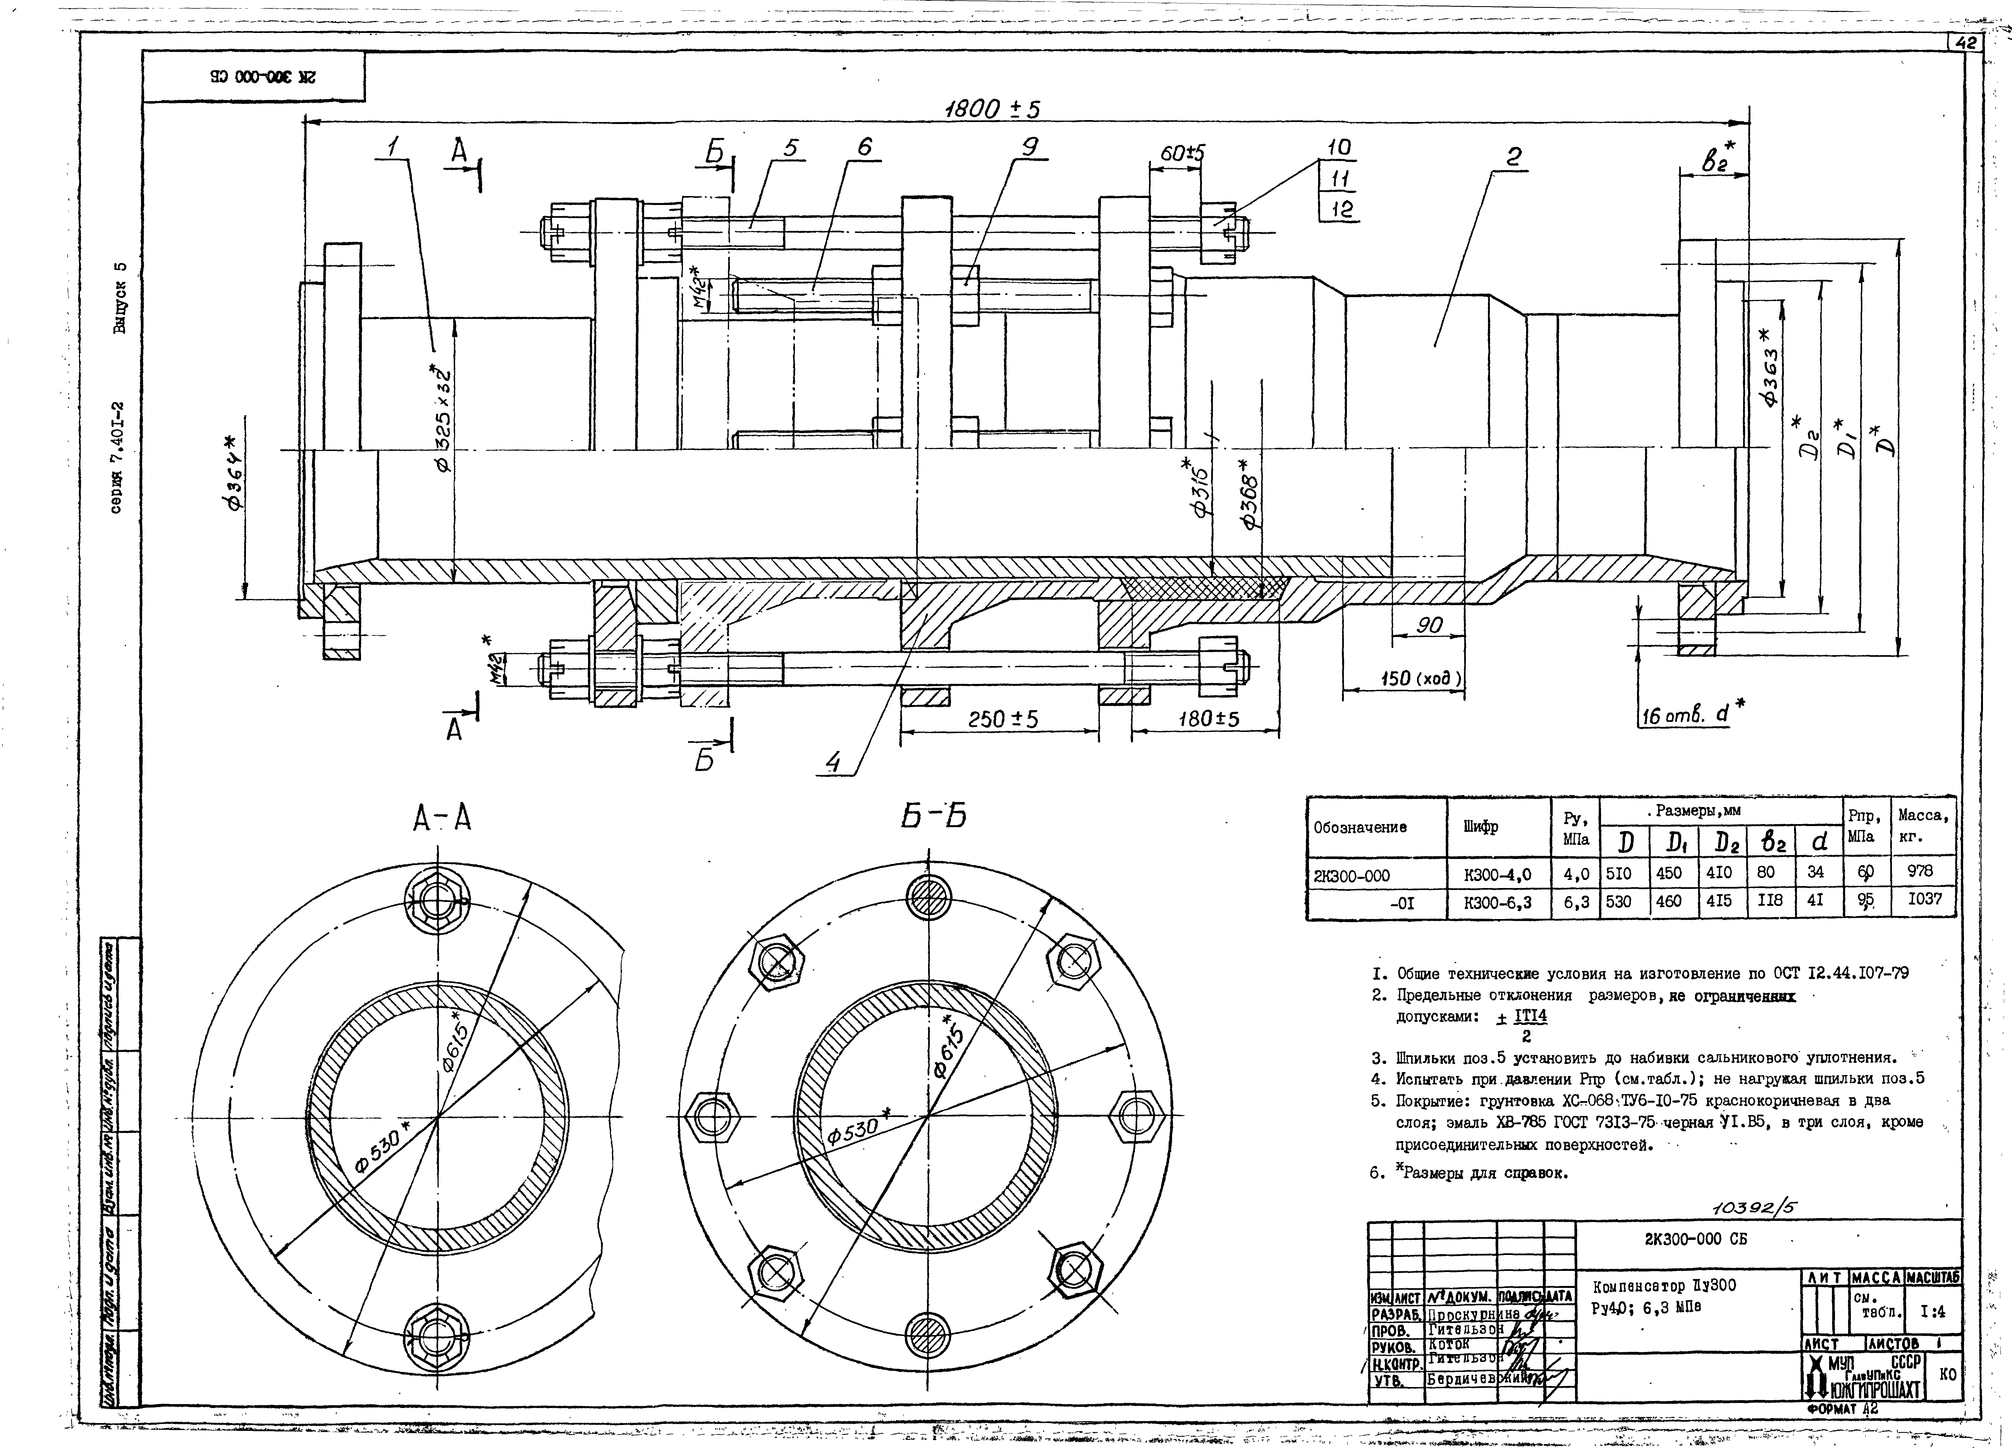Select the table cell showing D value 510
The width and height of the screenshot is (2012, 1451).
[1623, 872]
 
